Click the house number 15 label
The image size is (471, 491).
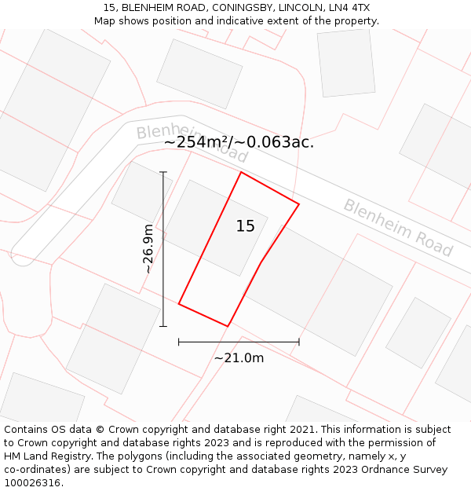245,226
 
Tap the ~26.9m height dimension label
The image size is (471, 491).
148,248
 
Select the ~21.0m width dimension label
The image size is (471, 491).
239,358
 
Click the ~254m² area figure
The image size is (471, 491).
198,142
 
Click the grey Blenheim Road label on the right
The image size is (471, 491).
398,228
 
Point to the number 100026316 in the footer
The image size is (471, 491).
32,483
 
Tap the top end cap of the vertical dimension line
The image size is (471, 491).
163,172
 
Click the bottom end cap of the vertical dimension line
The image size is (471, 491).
163,326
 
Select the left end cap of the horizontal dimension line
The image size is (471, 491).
179,342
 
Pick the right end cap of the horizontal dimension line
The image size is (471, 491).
299,342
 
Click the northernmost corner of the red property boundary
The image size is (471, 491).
240,173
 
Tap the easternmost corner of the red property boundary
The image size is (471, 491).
299,204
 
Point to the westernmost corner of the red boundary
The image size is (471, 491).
179,303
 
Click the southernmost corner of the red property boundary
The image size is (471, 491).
228,326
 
